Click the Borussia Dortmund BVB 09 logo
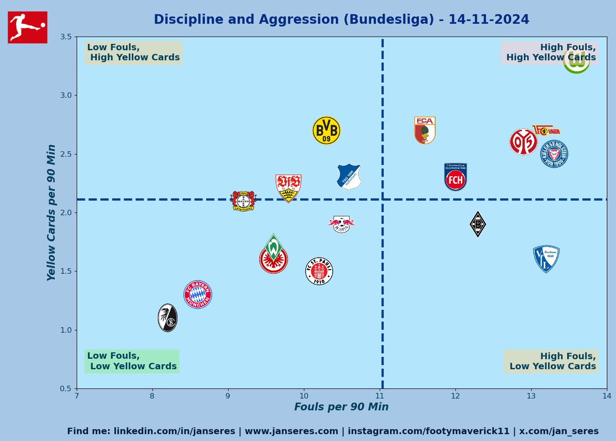326,130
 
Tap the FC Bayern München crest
198,294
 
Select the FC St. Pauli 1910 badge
319,271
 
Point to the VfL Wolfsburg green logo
576,60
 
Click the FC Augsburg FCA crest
425,130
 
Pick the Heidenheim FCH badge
455,177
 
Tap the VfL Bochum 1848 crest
546,259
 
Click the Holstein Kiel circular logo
554,154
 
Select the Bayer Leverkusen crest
243,201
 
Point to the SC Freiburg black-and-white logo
167,318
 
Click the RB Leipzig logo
341,224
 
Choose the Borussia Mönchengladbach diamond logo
478,224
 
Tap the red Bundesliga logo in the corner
27,27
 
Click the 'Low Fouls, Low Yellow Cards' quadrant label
132,361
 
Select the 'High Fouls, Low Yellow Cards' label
551,361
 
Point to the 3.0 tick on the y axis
66,96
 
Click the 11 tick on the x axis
380,396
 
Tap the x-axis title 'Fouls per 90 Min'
341,407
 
